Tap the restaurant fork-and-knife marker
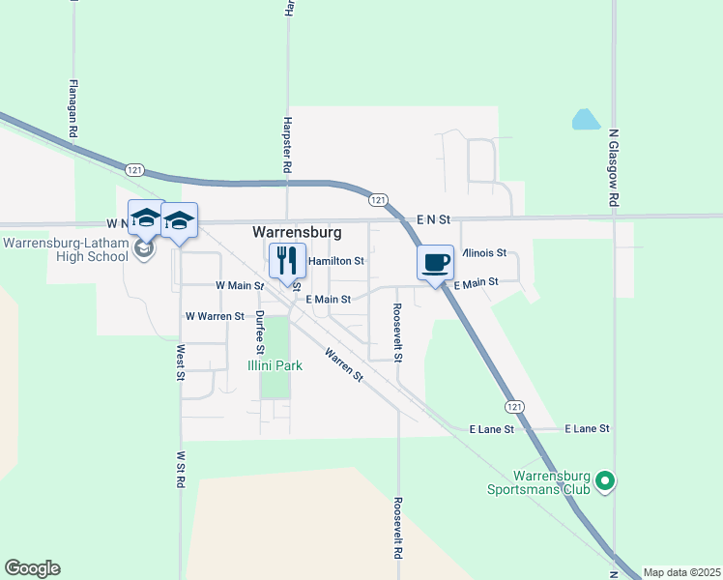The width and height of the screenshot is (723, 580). click(286, 260)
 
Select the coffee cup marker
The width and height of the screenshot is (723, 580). click(435, 261)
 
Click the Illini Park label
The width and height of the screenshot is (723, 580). click(275, 366)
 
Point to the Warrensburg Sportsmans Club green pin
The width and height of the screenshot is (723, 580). click(605, 479)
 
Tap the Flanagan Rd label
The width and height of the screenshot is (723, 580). click(72, 106)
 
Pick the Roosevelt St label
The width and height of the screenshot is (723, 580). click(397, 333)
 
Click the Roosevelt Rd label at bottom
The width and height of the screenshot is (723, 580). click(397, 530)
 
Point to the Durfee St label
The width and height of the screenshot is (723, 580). click(259, 333)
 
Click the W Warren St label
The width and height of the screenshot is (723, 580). click(215, 316)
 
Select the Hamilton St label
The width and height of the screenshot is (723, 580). click(335, 261)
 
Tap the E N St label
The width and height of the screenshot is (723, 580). click(434, 220)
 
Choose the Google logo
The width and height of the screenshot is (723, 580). click(32, 568)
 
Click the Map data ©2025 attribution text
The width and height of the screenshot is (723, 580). click(681, 572)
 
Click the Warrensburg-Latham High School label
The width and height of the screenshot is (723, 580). click(66, 249)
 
